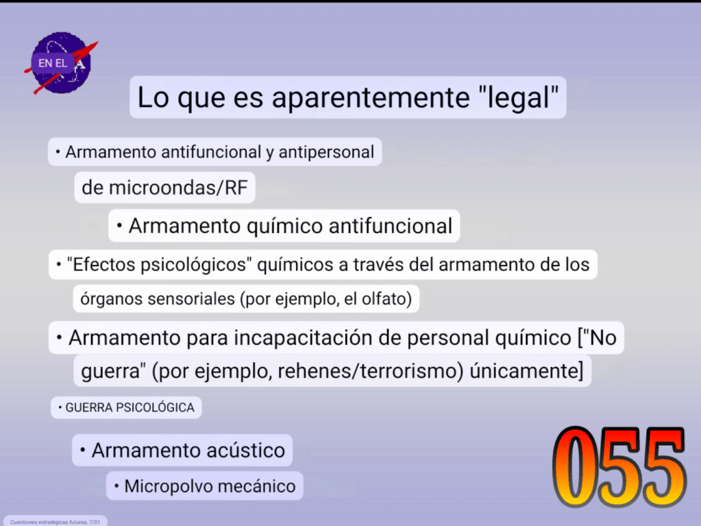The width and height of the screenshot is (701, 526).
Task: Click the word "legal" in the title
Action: pyautogui.click(x=518, y=97)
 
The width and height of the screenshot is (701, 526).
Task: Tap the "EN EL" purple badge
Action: pyautogui.click(x=52, y=63)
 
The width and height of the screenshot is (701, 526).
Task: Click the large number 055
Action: pyautogui.click(x=619, y=467)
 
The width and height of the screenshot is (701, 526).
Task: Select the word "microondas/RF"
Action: pyautogui.click(x=178, y=188)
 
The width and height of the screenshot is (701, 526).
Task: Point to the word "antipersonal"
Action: pyautogui.click(x=326, y=152)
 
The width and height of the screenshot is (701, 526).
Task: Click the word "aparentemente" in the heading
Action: pyautogui.click(x=371, y=97)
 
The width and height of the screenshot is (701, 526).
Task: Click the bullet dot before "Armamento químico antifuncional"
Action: pyautogui.click(x=119, y=226)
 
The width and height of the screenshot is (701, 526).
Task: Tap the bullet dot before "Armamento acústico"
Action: pyautogui.click(x=83, y=450)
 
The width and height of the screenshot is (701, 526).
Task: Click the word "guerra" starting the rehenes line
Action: pyautogui.click(x=110, y=372)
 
